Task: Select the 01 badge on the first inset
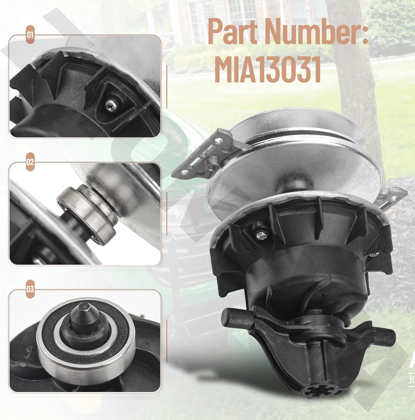[x=30, y=36]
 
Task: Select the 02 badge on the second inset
[x=30, y=162]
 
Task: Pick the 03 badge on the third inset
[x=30, y=289]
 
